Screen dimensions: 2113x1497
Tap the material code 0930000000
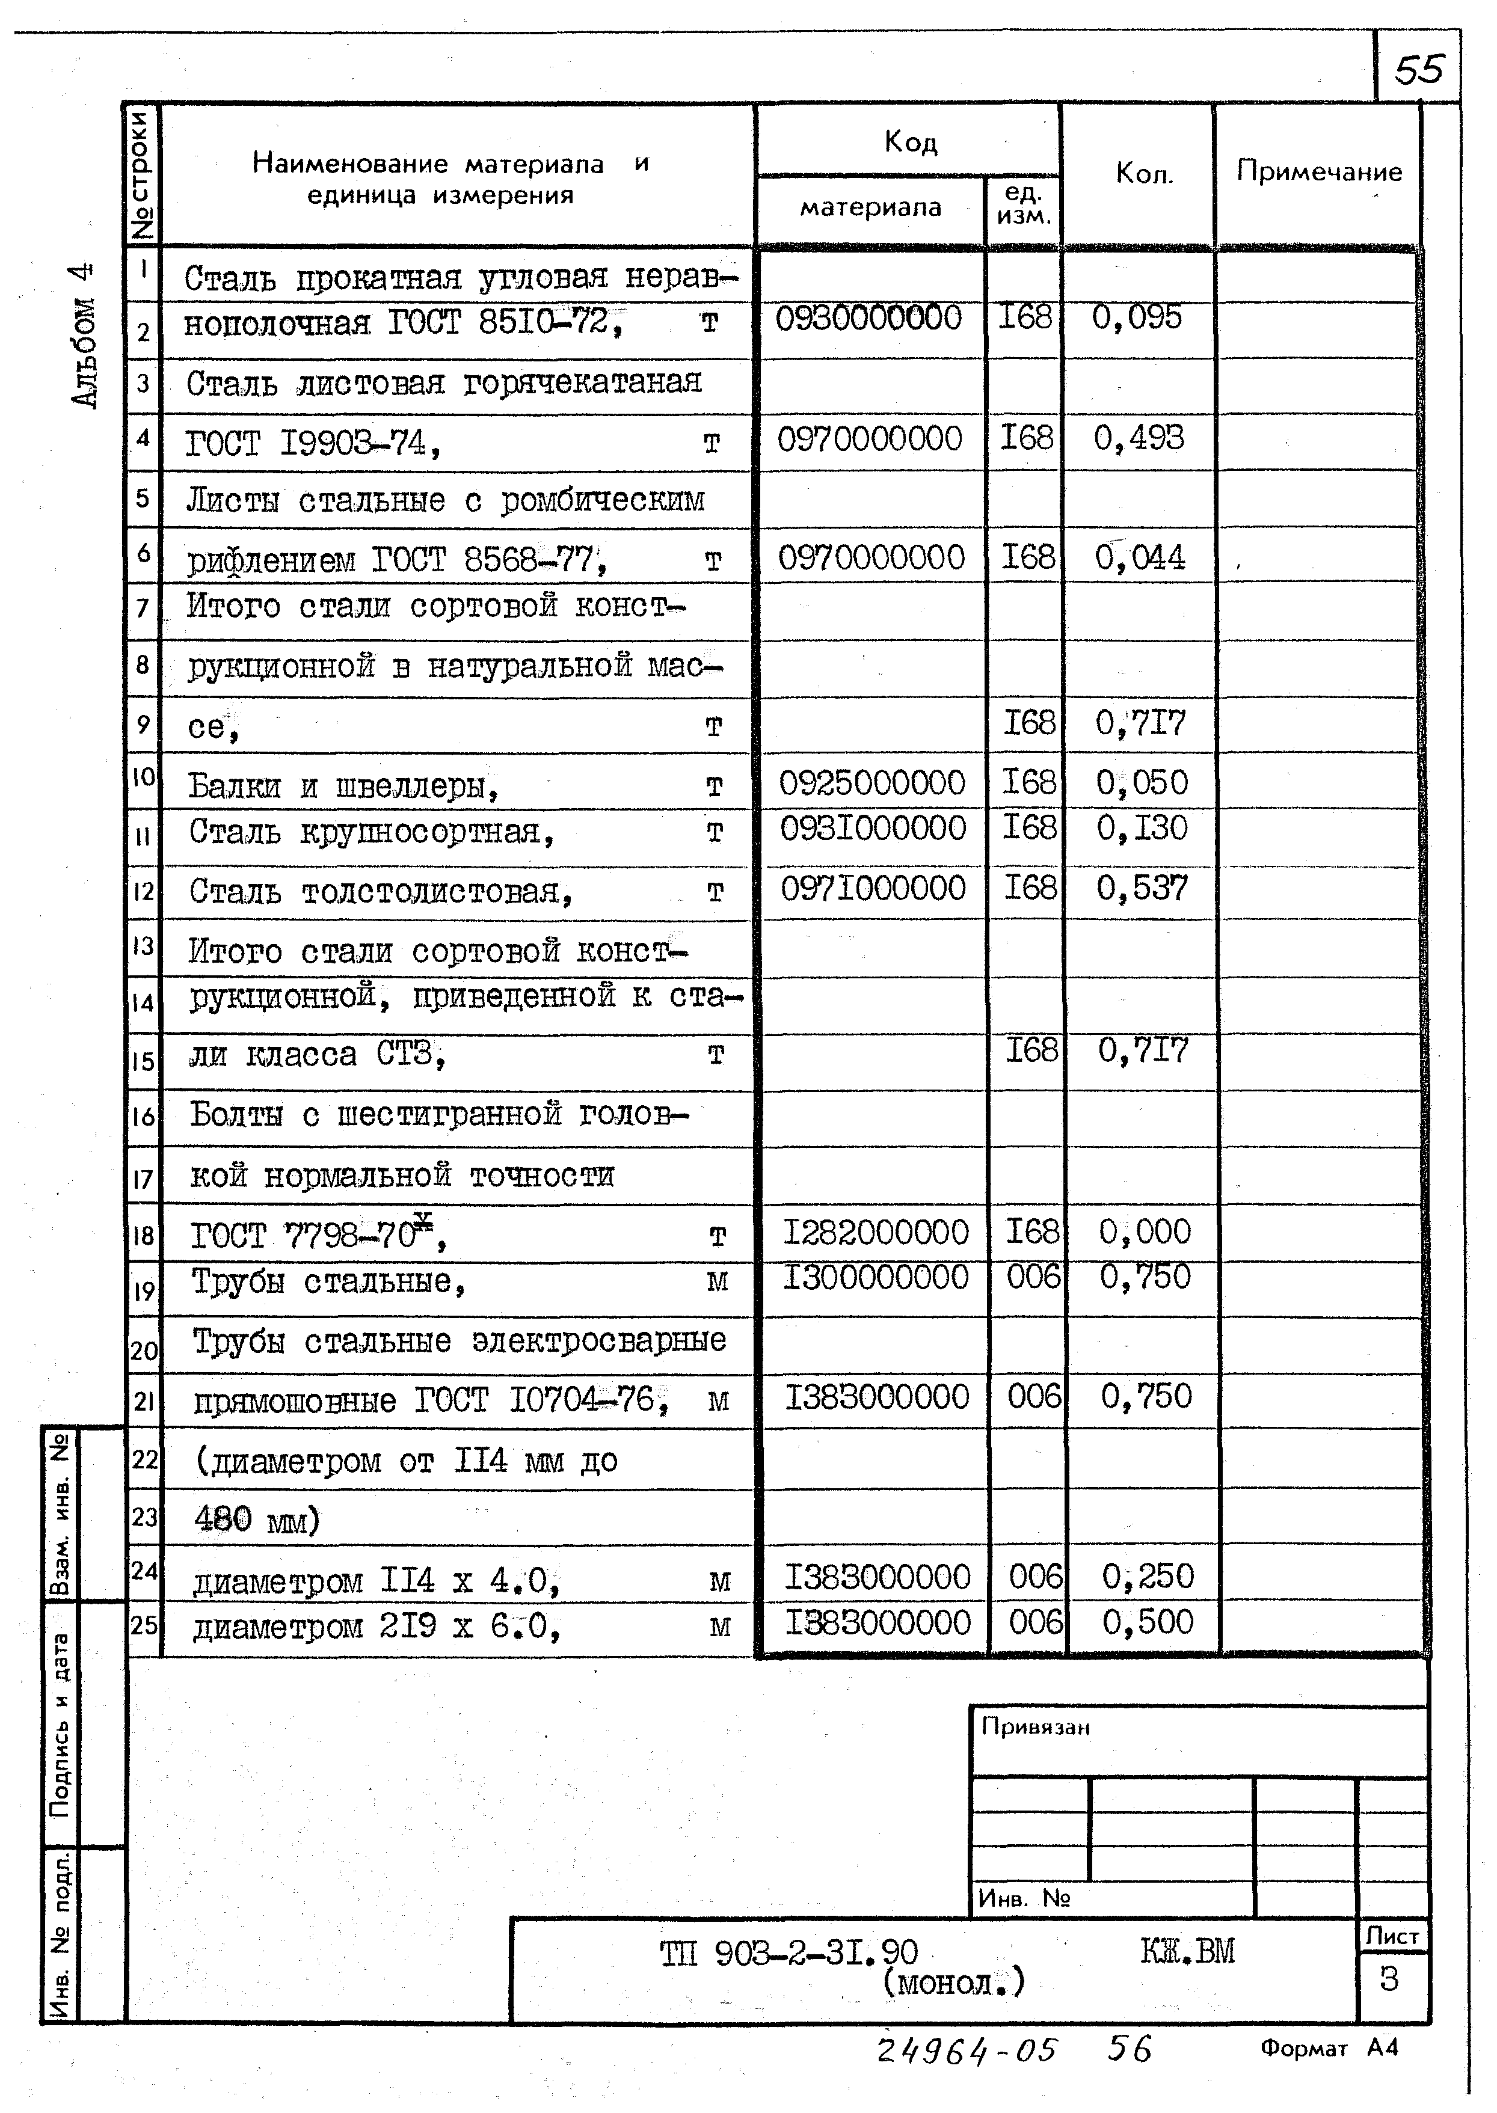tap(868, 319)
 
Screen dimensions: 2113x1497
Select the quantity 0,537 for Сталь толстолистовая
tap(1141, 888)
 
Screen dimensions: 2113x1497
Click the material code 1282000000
tap(876, 1232)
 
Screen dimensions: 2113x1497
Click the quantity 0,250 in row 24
tap(1147, 1577)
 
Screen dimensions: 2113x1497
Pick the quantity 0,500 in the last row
tap(1147, 1622)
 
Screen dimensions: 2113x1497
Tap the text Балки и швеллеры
tap(343, 786)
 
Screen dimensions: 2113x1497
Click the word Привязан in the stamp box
tap(1035, 1727)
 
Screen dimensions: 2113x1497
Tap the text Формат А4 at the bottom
tap(1329, 2047)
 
